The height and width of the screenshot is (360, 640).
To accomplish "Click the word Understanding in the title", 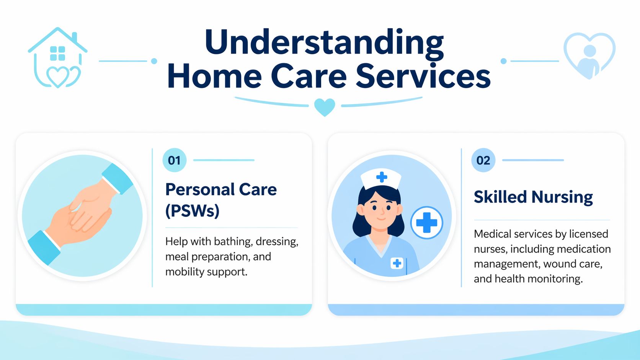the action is pyautogui.click(x=324, y=42).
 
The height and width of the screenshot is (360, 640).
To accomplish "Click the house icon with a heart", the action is pyautogui.click(x=57, y=57).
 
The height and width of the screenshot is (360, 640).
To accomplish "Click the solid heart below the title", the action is pyautogui.click(x=325, y=107).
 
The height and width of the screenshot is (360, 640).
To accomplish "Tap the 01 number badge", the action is pyautogui.click(x=174, y=160).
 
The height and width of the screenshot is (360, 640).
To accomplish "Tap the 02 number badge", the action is pyautogui.click(x=483, y=160).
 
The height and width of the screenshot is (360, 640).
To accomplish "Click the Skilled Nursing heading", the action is pyautogui.click(x=533, y=197).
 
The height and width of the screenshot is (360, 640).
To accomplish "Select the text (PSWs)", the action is pyautogui.click(x=192, y=211).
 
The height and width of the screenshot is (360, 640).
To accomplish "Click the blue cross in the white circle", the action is pyautogui.click(x=426, y=223).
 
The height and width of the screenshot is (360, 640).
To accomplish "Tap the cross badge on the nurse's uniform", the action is pyautogui.click(x=397, y=263).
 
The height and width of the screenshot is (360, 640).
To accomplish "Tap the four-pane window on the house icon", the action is pyautogui.click(x=57, y=54).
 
